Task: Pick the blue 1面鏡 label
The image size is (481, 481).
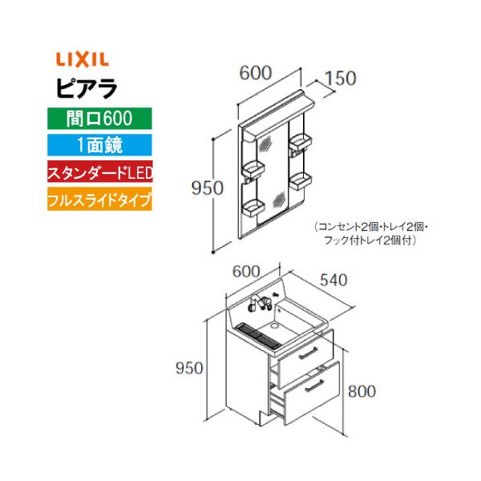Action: tap(99, 145)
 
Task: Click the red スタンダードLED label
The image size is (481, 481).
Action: tap(99, 172)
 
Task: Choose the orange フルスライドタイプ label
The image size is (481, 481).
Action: tap(99, 199)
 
